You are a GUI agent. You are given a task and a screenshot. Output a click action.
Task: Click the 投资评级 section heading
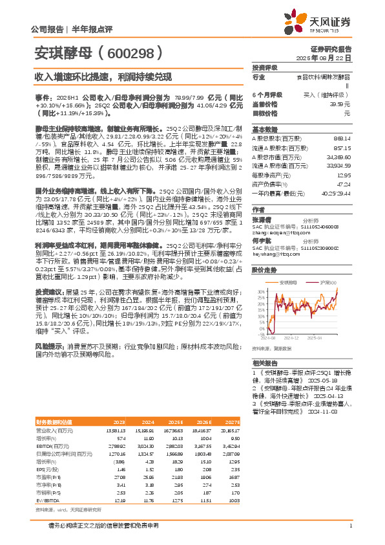pyautogui.click(x=265, y=67)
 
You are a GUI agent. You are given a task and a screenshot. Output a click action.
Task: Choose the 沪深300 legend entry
pyautogui.click(x=328, y=282)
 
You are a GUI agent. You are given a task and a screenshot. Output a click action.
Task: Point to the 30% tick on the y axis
pyautogui.click(x=260, y=292)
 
